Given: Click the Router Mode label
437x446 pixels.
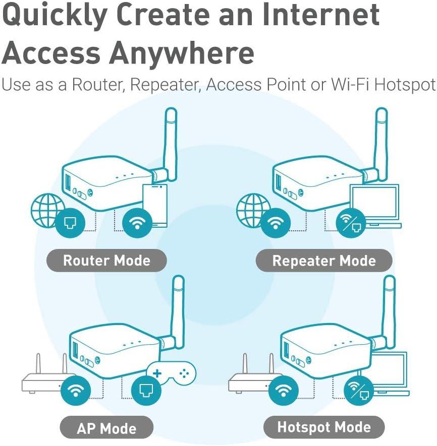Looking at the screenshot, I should (x=106, y=261).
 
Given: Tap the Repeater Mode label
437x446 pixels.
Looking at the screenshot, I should (x=324, y=261).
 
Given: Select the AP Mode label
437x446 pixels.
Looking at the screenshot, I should (x=106, y=428).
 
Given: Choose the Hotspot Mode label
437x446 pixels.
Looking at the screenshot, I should (x=324, y=427).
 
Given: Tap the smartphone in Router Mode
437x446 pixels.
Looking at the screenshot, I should (x=155, y=204).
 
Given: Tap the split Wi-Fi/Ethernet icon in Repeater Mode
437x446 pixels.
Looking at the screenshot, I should (x=351, y=223).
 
